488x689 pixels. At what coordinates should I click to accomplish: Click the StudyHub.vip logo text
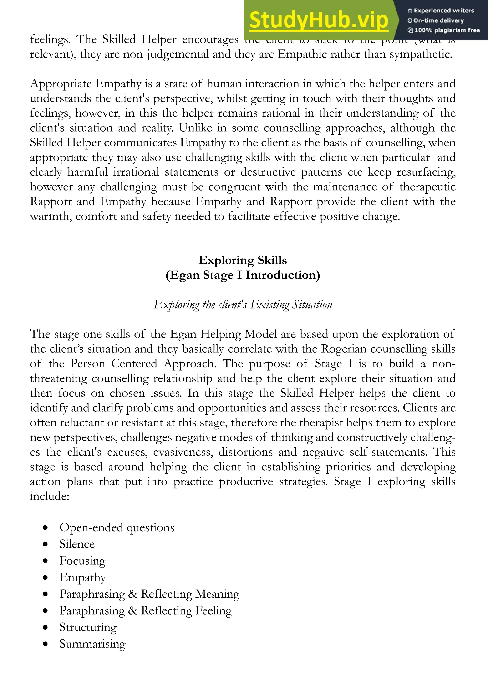coord(319,20)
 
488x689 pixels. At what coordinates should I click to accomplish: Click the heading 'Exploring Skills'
coord(243,260)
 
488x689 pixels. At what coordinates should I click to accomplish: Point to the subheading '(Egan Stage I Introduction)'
coord(243,275)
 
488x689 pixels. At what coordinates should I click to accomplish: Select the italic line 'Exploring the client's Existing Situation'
coord(243,305)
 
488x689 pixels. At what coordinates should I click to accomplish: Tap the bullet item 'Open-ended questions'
coord(117,527)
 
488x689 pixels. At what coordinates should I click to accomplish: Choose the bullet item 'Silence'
coord(77,544)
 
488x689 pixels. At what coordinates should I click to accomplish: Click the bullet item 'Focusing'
coord(82,561)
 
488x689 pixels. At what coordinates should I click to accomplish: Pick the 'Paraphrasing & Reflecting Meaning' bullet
coord(149,594)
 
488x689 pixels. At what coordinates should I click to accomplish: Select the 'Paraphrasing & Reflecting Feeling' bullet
coord(145,610)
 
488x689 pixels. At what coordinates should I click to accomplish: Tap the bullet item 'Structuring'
coord(88,627)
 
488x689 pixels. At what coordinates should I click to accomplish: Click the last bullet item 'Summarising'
coord(92,644)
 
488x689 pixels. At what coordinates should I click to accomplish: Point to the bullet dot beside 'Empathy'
coord(45,577)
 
